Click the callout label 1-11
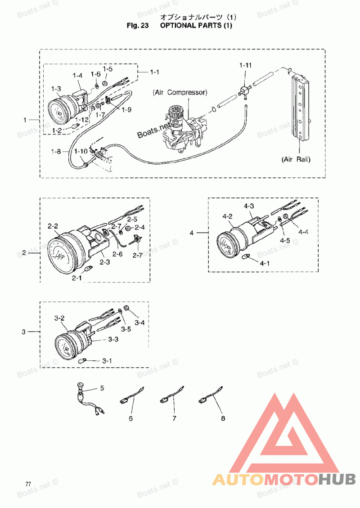245,65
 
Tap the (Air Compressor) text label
180,92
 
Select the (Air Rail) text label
296,159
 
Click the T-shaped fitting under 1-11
245,90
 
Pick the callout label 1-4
77,76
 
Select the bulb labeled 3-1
83,360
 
